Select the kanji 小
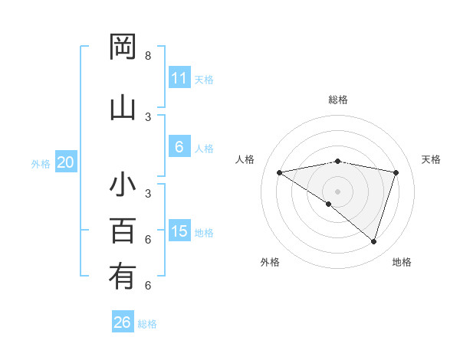[123, 185]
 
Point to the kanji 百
[123, 230]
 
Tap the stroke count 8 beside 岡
[148, 56]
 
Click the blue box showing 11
[179, 78]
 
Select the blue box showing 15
[179, 231]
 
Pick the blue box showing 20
[66, 162]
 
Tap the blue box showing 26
[123, 322]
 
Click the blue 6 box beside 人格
[179, 147]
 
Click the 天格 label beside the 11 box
[204, 80]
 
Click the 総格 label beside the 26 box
[147, 324]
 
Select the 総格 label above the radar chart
[338, 100]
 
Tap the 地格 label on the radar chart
[402, 262]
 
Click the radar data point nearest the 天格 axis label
[396, 172]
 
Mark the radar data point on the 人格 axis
[279, 172]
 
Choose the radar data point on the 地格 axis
[373, 241]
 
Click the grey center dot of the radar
[337, 191]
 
